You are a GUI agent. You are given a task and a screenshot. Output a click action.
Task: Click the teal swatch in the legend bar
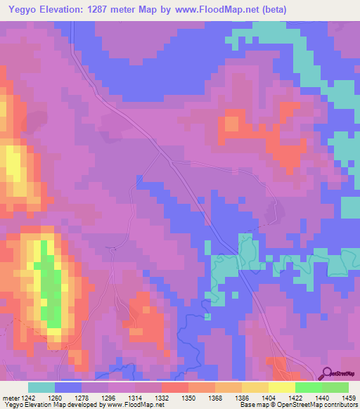click(x=41, y=387)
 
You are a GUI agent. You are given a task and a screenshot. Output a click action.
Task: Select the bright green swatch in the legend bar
click(x=308, y=387)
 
